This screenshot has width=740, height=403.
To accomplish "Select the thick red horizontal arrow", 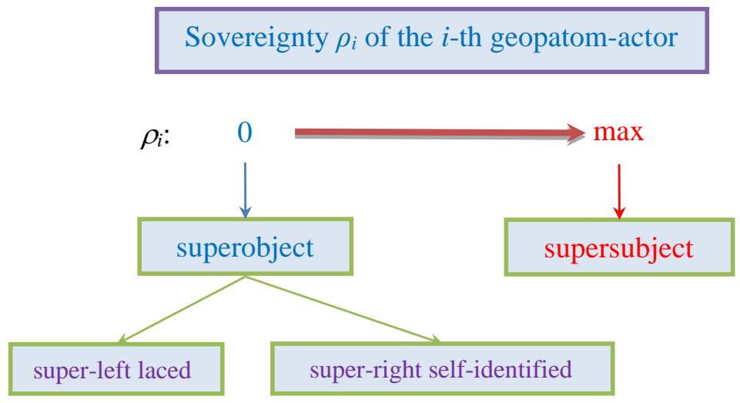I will tap(431, 134).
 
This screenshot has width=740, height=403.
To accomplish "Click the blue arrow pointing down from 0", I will tap(244, 185).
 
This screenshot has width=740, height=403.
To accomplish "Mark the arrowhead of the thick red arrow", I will tap(578, 134).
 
